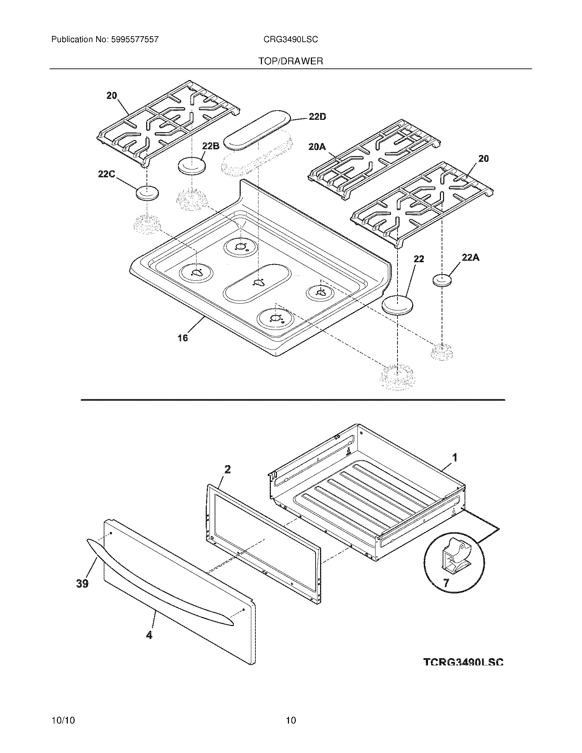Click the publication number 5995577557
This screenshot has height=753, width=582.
coord(135,40)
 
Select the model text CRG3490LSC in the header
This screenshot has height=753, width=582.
coord(290,40)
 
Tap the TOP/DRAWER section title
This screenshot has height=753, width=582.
coord(290,61)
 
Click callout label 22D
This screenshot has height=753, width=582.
coord(317,117)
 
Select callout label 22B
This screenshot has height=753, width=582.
coord(211,146)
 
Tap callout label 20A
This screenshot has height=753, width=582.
coord(317,147)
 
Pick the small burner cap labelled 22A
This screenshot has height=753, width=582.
coord(442,280)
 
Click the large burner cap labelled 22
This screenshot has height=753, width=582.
coord(397,305)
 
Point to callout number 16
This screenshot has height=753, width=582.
coord(182,338)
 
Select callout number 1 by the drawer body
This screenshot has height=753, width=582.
coord(455,458)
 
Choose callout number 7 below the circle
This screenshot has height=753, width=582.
coord(446,583)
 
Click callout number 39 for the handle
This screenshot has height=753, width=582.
coord(82,583)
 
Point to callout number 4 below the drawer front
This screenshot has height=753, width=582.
coord(149,635)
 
